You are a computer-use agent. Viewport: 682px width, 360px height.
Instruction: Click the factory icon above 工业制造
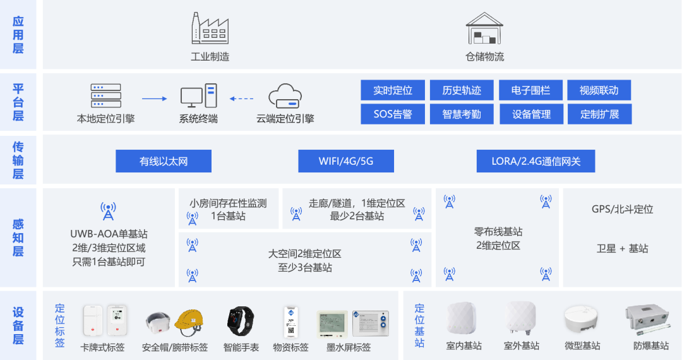[x=210, y=28]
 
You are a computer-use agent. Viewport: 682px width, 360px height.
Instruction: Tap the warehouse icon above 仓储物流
[x=484, y=28]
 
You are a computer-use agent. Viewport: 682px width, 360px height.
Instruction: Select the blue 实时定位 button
[x=393, y=90]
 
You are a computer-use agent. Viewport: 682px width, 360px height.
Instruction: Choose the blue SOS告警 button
[x=393, y=114]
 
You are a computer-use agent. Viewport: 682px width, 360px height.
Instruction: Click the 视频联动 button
[x=599, y=90]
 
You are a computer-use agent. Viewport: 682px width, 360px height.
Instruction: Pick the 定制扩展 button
[x=599, y=114]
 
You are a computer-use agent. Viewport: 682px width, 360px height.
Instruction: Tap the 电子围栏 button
[x=530, y=90]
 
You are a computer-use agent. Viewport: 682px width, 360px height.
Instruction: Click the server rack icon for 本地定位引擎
[x=105, y=96]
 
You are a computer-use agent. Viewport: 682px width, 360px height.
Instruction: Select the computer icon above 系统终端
[x=198, y=96]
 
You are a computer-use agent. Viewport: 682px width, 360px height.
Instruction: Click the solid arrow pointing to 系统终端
[x=153, y=99]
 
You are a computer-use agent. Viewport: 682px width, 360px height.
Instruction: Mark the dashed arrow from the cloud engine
[x=241, y=99]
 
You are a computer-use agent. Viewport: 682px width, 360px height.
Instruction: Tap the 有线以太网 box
[x=164, y=161]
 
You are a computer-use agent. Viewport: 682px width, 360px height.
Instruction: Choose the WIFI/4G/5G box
[x=346, y=161]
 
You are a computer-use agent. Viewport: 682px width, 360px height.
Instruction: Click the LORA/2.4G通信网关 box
[x=535, y=161]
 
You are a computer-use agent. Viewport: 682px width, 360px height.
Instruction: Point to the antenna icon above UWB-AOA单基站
[x=108, y=211]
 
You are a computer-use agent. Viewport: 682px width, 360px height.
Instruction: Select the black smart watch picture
[x=241, y=321]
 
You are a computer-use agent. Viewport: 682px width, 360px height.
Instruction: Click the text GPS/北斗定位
[x=622, y=209]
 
